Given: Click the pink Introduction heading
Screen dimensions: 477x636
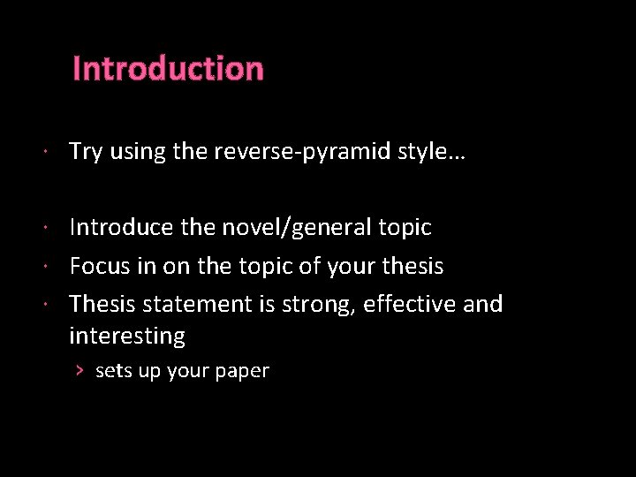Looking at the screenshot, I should tap(168, 69).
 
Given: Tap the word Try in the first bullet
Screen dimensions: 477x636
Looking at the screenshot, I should tap(85, 152).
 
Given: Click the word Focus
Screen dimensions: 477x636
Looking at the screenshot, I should tap(98, 266).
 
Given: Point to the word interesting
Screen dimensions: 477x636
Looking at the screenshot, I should tap(126, 336).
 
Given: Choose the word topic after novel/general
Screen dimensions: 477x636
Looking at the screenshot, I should tap(402, 228).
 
